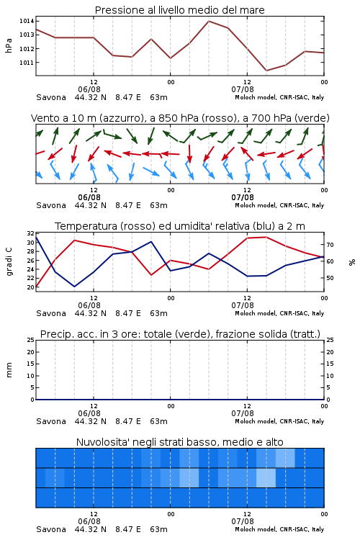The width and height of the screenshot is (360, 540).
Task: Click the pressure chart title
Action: pyautogui.click(x=180, y=10)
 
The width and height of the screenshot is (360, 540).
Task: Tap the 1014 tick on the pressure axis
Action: pyautogui.click(x=27, y=21)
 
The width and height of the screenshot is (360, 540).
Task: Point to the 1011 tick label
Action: pyautogui.click(x=27, y=63)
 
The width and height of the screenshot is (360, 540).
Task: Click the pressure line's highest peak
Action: pyautogui.click(x=209, y=21)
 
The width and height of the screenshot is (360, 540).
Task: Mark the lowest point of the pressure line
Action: pyautogui.click(x=266, y=71)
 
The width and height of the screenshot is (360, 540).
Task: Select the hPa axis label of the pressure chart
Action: pyautogui.click(x=9, y=45)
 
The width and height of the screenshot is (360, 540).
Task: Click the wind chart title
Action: pyautogui.click(x=180, y=118)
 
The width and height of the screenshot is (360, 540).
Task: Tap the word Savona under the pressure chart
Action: pyautogui.click(x=51, y=97)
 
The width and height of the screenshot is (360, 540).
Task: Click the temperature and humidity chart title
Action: pyautogui.click(x=180, y=226)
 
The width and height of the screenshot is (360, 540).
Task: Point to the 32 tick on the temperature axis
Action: pyautogui.click(x=30, y=233)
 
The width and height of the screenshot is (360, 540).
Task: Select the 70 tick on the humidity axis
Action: pyautogui.click(x=330, y=245)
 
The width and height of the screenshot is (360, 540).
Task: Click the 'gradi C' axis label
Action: pyautogui.click(x=9, y=261)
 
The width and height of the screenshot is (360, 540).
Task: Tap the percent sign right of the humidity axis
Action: pyautogui.click(x=352, y=262)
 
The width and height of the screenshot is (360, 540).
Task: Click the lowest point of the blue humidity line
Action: pyautogui.click(x=75, y=287)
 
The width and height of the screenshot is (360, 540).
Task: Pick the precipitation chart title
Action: pyautogui.click(x=180, y=334)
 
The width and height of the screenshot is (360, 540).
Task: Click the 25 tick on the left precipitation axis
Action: pyautogui.click(x=30, y=340)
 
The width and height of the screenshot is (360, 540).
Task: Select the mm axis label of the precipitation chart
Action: pyautogui.click(x=9, y=370)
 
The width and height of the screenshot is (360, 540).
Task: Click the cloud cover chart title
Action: pyautogui.click(x=180, y=442)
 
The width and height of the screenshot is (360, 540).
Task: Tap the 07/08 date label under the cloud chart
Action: pyautogui.click(x=243, y=521)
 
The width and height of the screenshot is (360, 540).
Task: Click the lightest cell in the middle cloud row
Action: pyautogui.click(x=266, y=477)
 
